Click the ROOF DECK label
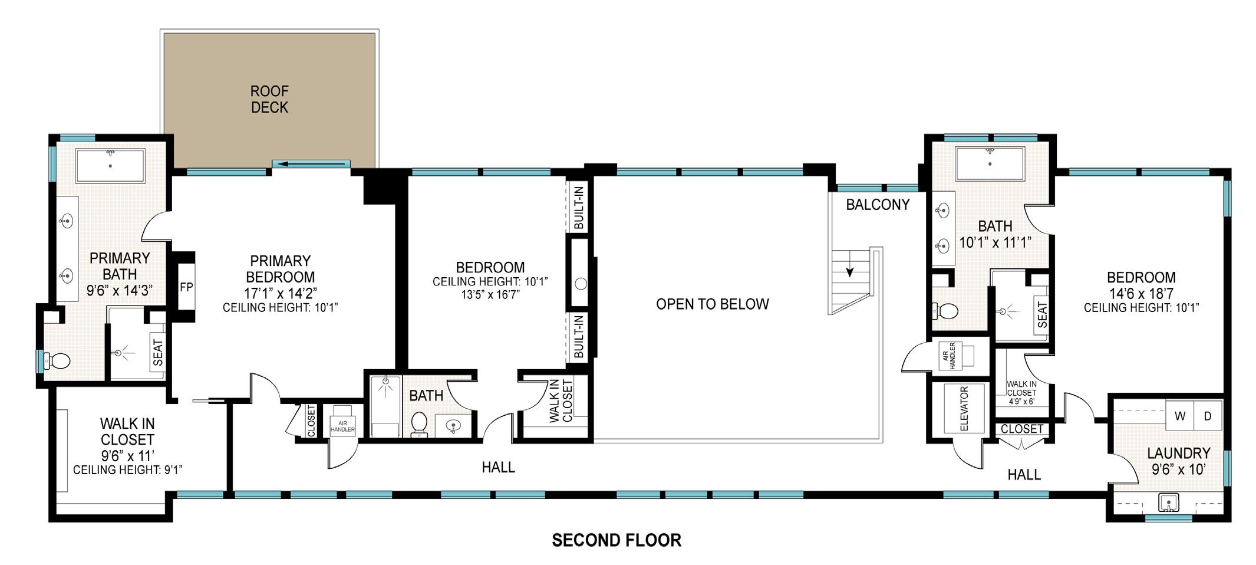pyautogui.click(x=269, y=99)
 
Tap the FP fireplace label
pyautogui.click(x=187, y=287)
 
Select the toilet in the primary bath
pyautogui.click(x=58, y=360)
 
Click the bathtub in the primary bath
pyautogui.click(x=110, y=166)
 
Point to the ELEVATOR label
pyautogui.click(x=964, y=409)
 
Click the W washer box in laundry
pyautogui.click(x=1180, y=416)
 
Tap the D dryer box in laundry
pyautogui.click(x=1208, y=416)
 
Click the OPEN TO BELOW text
pyautogui.click(x=713, y=304)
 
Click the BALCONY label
pyautogui.click(x=878, y=205)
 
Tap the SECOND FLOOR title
pyautogui.click(x=617, y=540)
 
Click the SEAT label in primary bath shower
pyautogui.click(x=157, y=353)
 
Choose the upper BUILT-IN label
pyautogui.click(x=579, y=208)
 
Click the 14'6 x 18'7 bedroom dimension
pyautogui.click(x=1141, y=293)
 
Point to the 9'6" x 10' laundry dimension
pyautogui.click(x=1179, y=469)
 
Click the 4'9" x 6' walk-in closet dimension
pyautogui.click(x=1021, y=402)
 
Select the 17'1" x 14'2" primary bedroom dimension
pyautogui.click(x=281, y=293)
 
